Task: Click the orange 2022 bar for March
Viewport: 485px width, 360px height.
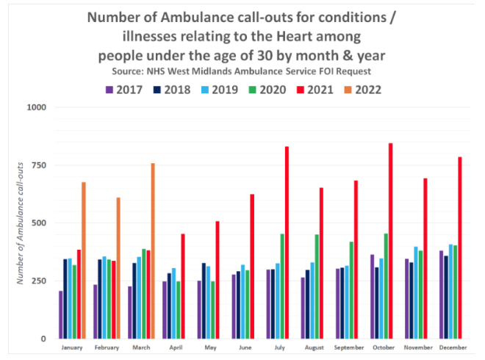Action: click(153, 251)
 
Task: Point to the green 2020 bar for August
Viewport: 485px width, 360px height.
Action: click(317, 287)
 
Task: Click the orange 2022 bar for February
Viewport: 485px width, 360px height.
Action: click(118, 268)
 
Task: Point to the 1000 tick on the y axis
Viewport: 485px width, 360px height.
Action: click(37, 107)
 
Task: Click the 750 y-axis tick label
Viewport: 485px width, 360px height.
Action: click(39, 165)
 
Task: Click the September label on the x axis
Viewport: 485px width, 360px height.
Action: click(349, 348)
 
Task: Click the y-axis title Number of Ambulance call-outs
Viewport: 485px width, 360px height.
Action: click(22, 223)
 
